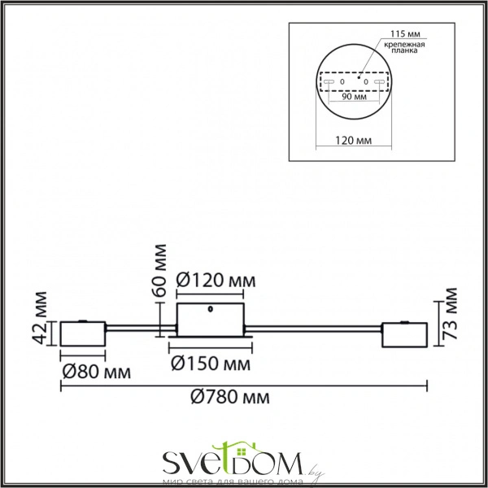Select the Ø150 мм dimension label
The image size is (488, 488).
click(211, 362)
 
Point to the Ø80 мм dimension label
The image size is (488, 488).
click(96, 372)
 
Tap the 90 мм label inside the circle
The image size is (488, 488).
click(353, 97)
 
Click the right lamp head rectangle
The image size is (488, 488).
click(404, 333)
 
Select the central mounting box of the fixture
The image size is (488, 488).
click(211, 319)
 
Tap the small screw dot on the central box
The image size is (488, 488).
click(211, 309)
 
